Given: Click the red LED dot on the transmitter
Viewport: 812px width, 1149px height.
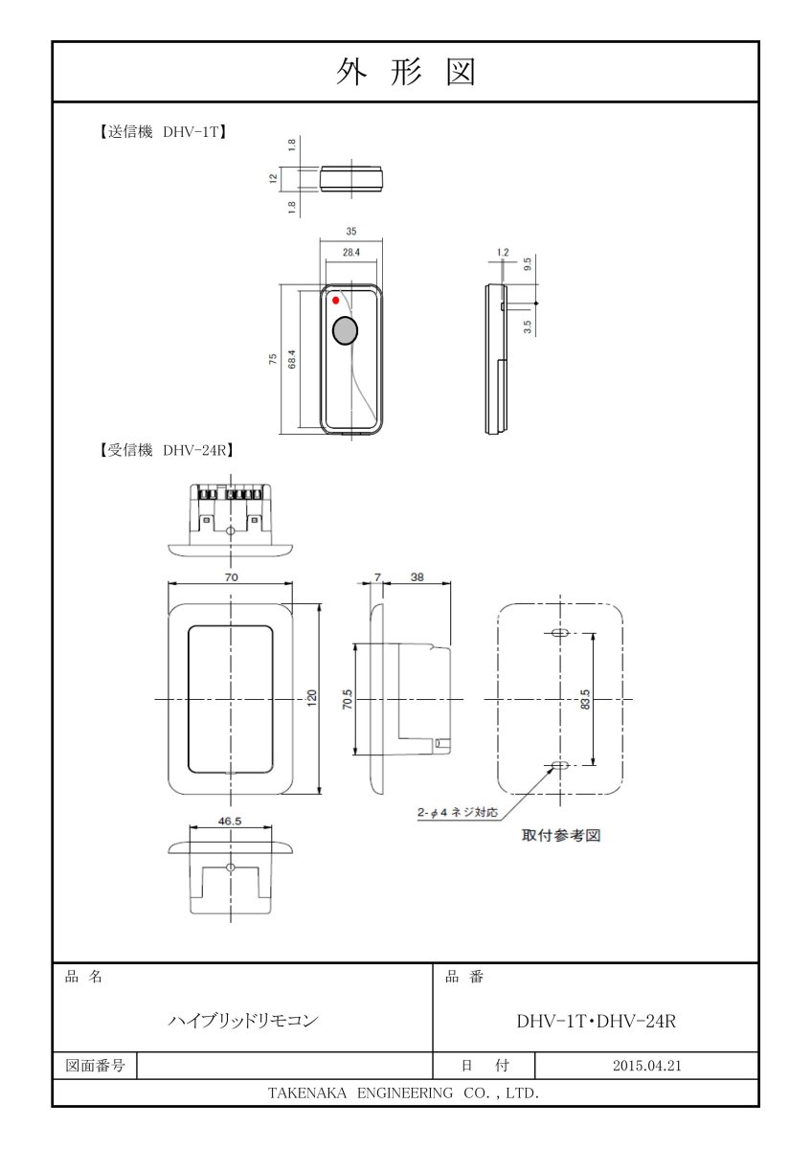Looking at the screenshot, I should click(x=335, y=302).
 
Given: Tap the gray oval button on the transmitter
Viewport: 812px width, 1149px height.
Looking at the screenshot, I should click(x=344, y=331).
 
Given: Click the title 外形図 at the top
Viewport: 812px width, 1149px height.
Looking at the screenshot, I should click(x=406, y=72).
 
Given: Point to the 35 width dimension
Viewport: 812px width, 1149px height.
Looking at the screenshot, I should click(x=350, y=231).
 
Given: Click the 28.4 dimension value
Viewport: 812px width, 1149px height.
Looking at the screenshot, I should click(x=350, y=253).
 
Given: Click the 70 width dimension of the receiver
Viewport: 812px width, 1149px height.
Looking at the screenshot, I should click(x=231, y=576).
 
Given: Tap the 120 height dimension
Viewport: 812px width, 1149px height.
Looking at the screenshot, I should click(x=311, y=699).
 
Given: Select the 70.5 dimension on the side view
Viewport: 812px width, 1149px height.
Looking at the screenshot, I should click(x=348, y=699).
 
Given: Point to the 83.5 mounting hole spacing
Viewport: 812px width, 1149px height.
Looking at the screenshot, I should click(x=586, y=699).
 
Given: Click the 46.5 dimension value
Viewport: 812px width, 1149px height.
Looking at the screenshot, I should click(x=230, y=821).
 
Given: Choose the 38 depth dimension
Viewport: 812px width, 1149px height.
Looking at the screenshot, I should click(x=417, y=576).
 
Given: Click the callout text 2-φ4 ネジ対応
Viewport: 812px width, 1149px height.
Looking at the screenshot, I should click(x=458, y=813).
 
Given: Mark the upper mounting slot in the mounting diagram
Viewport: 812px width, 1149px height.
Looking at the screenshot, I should click(x=561, y=634).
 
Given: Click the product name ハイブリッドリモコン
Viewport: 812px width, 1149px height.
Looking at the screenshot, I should click(x=242, y=1021).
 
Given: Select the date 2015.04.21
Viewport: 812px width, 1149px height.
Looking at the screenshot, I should click(x=646, y=1066).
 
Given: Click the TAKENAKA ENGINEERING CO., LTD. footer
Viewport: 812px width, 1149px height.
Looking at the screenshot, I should click(x=403, y=1093).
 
